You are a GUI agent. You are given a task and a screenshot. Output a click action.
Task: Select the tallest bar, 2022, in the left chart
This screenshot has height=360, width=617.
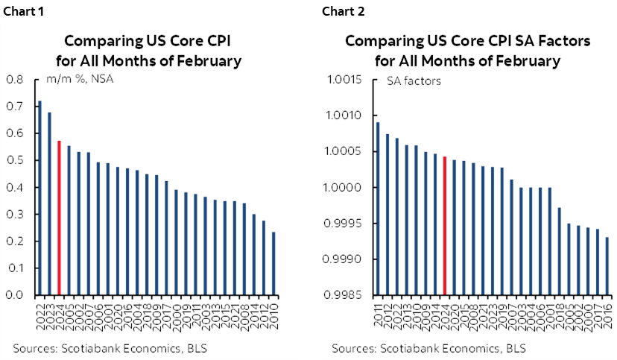click(x=39, y=198)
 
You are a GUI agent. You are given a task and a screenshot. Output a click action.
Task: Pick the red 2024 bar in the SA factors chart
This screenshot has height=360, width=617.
click(x=445, y=226)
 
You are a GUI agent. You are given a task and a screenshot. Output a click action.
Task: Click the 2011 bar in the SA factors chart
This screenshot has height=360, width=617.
click(x=378, y=209)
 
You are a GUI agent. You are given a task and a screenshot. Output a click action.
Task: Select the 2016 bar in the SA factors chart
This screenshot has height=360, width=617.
click(x=607, y=266)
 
